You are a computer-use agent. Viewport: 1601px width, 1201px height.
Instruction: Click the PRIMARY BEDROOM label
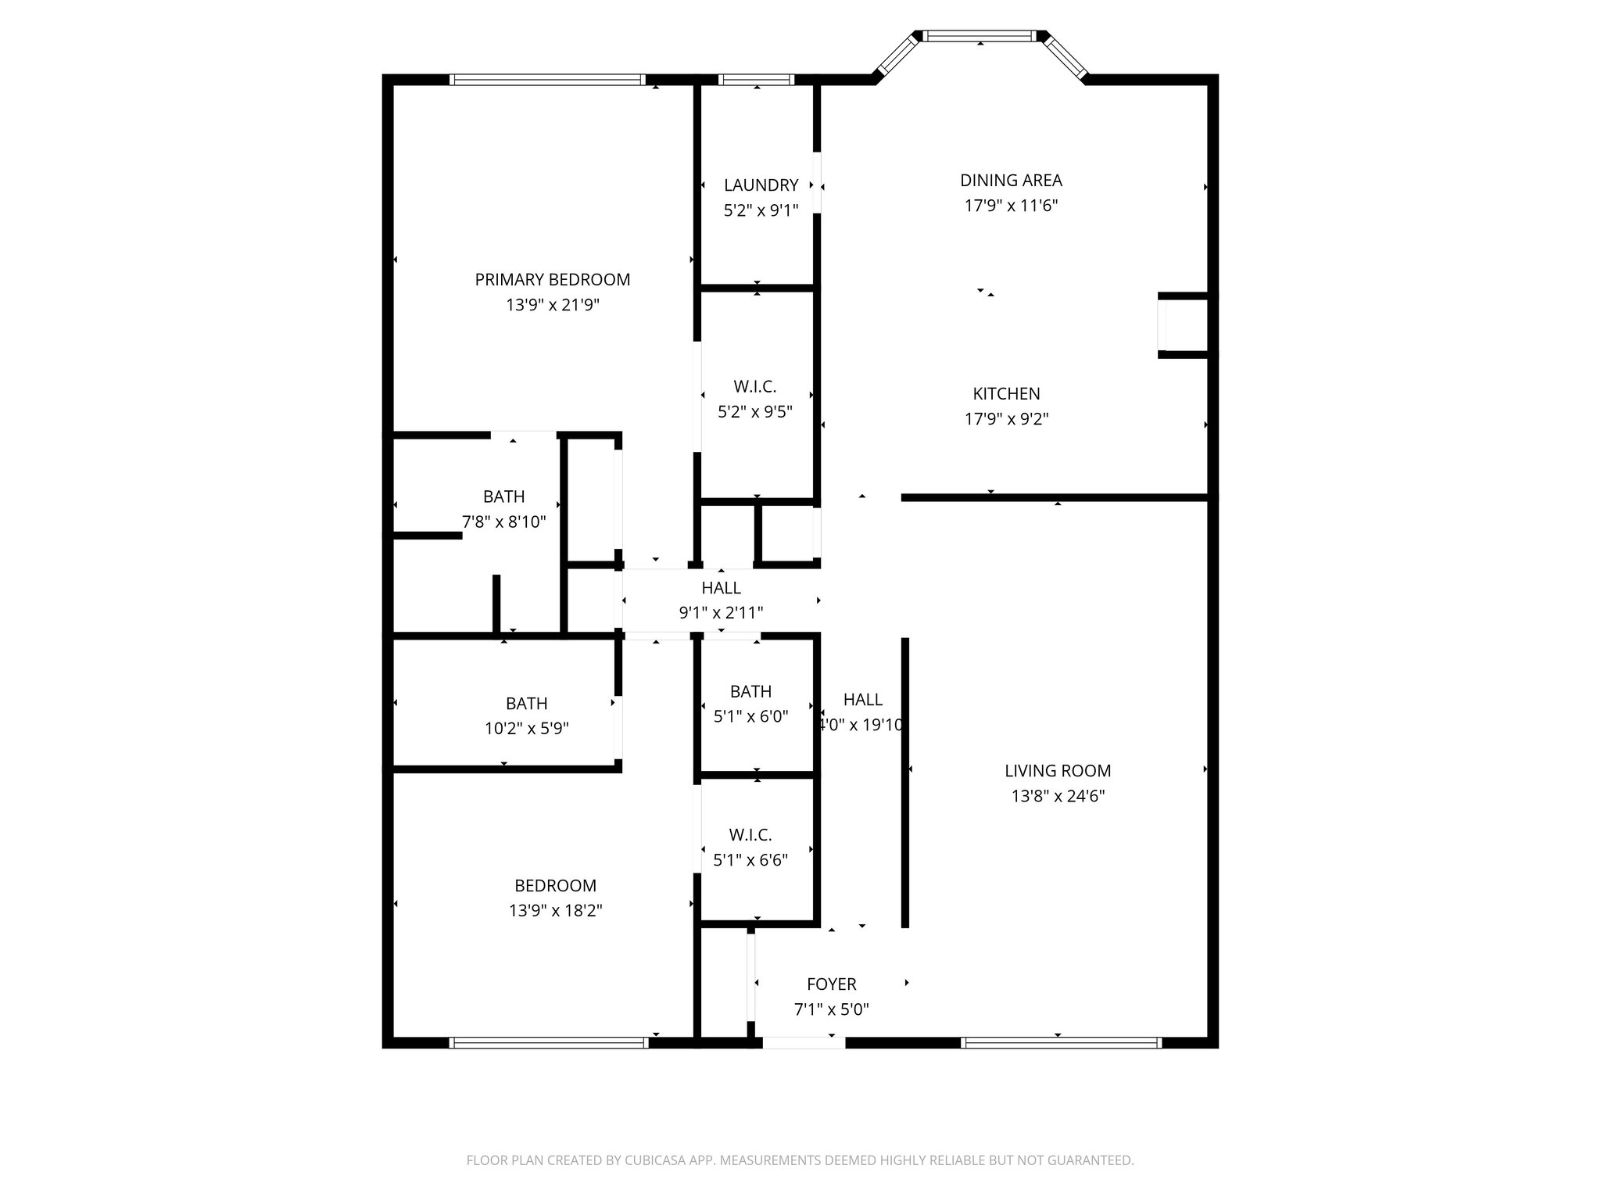[552, 279]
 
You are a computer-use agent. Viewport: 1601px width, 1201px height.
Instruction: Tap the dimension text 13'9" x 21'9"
[552, 305]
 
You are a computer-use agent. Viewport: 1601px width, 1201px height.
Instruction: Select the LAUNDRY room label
[761, 185]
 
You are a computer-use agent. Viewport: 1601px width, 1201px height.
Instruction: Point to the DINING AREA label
[1011, 181]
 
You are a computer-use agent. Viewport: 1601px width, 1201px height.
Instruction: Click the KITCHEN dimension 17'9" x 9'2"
[1006, 419]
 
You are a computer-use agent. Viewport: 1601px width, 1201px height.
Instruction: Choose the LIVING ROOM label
[1057, 771]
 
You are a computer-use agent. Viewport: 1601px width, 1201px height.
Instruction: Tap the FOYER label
[831, 984]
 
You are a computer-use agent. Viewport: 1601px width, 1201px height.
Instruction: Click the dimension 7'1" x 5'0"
[831, 1009]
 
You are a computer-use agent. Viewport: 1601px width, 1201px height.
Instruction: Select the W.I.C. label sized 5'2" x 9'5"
[754, 386]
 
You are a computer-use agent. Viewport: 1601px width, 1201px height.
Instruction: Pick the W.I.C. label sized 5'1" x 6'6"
[750, 835]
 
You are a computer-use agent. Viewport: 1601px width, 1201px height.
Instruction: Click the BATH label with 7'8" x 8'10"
[503, 497]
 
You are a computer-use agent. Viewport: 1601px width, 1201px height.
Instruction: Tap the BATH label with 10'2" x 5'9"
[526, 703]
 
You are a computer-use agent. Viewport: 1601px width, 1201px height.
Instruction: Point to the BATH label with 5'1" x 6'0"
[750, 691]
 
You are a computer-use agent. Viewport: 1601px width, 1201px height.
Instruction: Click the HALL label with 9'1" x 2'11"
[721, 588]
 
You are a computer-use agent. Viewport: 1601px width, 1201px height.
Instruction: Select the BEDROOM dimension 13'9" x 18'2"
[555, 911]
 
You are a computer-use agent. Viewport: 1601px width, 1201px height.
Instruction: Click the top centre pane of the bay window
[980, 36]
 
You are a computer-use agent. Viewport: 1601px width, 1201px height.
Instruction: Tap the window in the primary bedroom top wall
[546, 80]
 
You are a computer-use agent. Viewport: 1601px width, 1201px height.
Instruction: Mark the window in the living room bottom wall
[1060, 1042]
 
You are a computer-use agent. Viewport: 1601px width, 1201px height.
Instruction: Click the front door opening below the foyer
[804, 1042]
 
